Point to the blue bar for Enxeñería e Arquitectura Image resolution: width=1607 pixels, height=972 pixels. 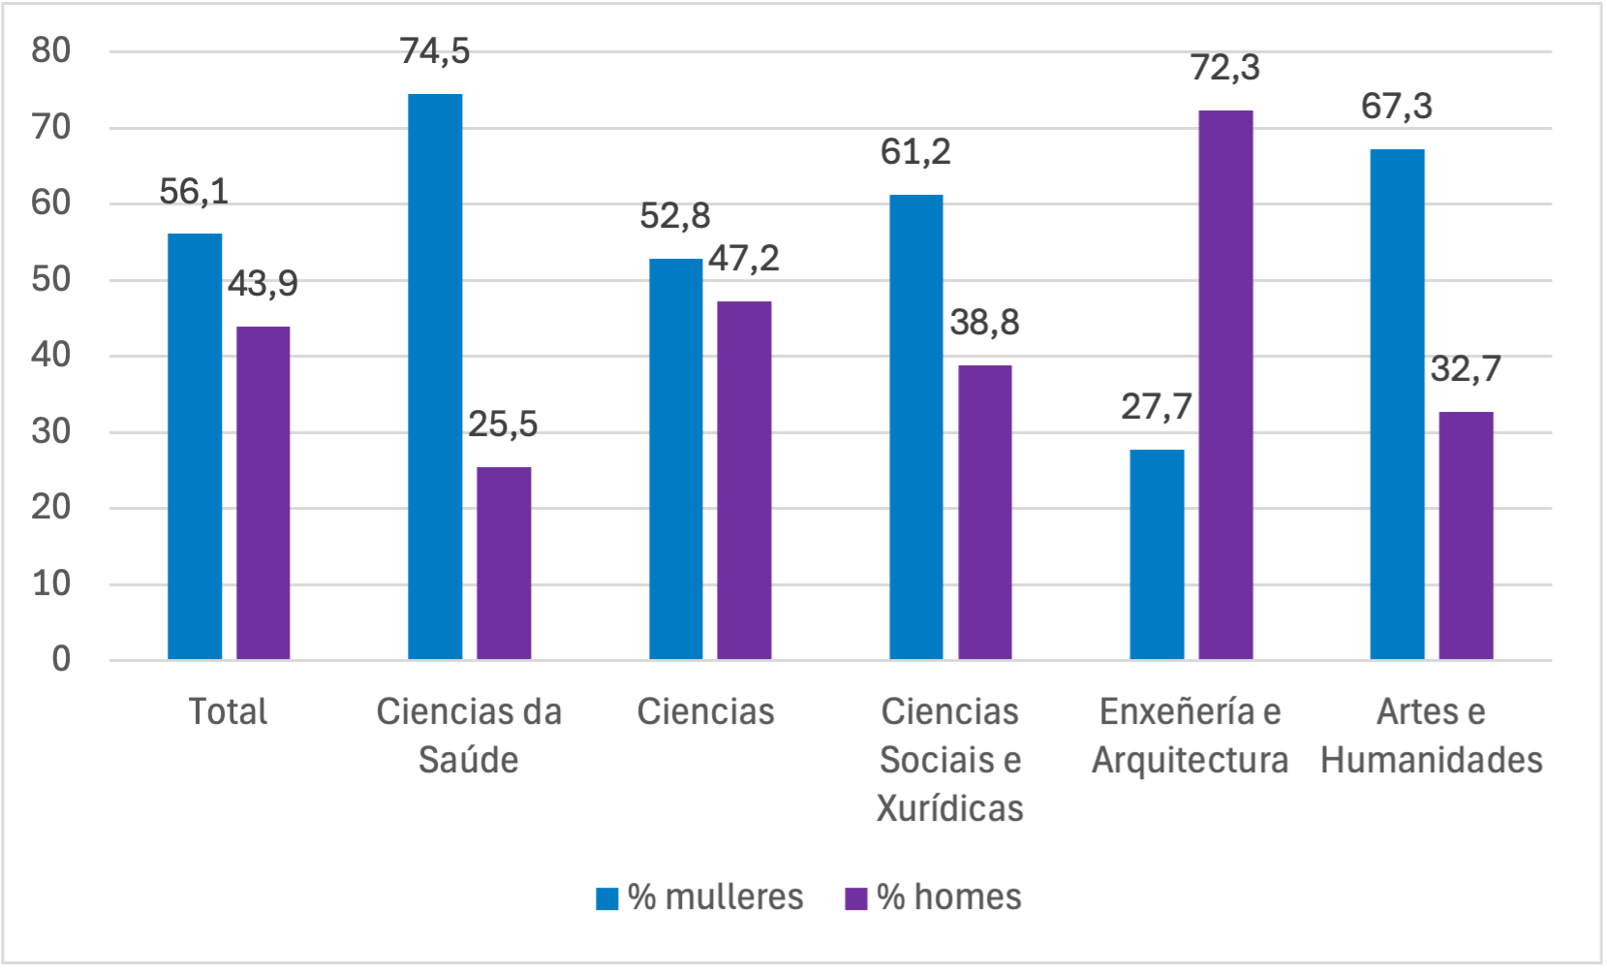(1157, 554)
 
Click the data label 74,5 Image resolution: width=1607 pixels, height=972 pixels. (435, 51)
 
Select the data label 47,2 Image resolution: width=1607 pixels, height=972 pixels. (743, 259)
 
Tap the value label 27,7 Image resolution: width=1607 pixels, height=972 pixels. (1156, 407)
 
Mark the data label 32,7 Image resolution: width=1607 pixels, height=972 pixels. (1465, 369)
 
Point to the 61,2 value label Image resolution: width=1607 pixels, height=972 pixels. (915, 152)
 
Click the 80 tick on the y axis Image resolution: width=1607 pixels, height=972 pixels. (51, 50)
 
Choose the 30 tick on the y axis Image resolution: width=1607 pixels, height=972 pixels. (51, 432)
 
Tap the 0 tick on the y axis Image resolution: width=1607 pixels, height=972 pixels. (61, 660)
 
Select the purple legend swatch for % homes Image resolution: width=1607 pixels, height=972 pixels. (855, 898)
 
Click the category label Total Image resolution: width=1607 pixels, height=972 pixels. (228, 712)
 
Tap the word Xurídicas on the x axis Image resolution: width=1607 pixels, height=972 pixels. (949, 808)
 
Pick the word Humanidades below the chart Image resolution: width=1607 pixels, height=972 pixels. (1431, 761)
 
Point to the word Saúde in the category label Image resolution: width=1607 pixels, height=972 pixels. (468, 761)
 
